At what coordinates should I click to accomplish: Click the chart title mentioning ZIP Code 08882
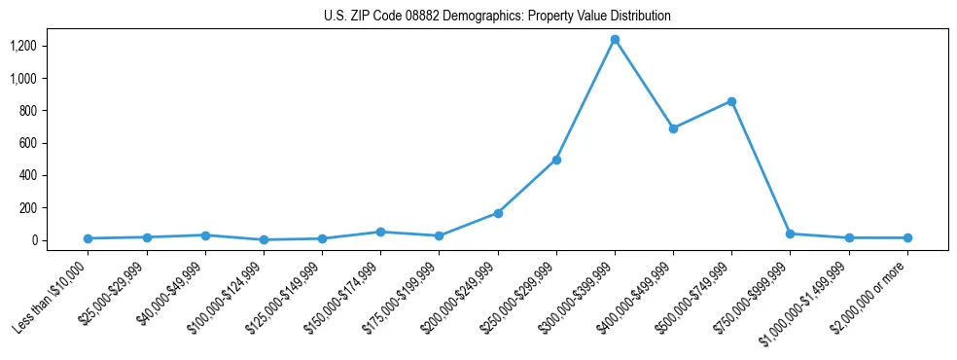point(497,17)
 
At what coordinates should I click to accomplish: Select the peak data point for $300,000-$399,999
point(615,39)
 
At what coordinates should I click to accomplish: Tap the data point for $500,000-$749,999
point(731,101)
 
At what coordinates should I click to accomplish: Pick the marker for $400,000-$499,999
point(673,128)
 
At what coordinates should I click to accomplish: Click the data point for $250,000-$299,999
point(556,160)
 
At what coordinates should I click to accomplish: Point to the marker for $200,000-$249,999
point(498,213)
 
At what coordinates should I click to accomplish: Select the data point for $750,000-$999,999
point(790,234)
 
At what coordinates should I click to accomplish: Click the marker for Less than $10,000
point(88,238)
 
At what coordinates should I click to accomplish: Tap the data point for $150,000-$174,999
point(380,232)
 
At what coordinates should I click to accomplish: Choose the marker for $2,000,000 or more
point(907,237)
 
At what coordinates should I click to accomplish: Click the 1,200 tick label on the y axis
point(23,46)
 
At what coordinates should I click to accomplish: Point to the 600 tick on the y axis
point(28,143)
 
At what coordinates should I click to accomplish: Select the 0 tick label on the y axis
point(34,240)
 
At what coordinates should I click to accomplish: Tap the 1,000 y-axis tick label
point(23,78)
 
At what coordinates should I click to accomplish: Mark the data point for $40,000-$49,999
point(205,235)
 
